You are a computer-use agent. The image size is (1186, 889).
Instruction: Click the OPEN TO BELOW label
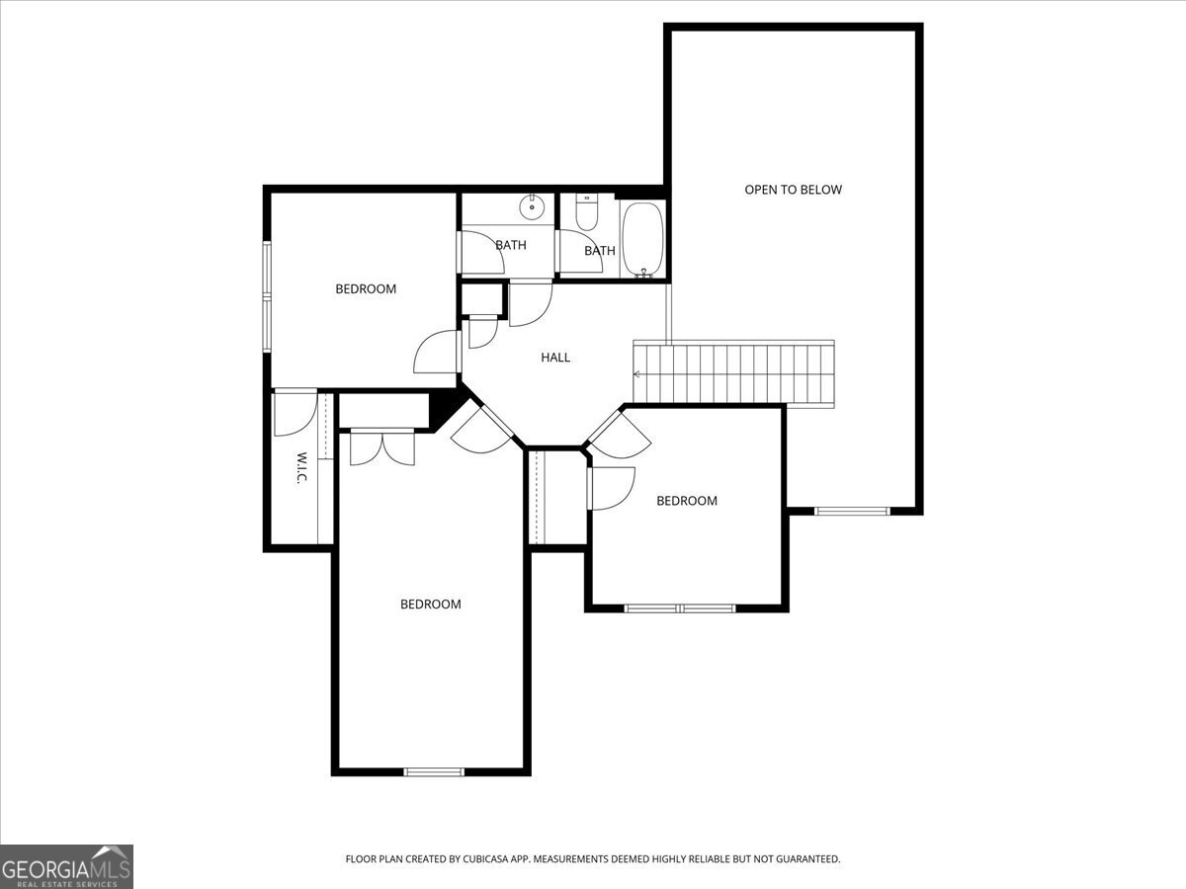793,190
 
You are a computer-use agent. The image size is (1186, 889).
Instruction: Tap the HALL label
555,358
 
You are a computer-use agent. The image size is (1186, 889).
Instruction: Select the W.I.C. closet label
301,467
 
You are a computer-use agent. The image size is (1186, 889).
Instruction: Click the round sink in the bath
532,206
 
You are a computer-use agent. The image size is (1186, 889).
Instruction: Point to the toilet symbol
586,212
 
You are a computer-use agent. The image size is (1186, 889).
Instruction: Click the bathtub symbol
642,240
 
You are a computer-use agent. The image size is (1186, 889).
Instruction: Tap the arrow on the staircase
637,374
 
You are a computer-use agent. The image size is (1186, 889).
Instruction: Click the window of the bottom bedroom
434,771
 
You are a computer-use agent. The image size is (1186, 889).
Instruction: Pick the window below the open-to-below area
852,511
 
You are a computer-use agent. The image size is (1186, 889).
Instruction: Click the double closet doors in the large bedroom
382,446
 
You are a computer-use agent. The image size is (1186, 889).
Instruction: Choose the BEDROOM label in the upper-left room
366,289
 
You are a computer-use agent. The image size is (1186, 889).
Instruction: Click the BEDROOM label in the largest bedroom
431,605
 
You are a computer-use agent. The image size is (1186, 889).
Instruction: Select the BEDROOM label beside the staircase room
687,501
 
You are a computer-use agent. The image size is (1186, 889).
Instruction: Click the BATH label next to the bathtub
600,251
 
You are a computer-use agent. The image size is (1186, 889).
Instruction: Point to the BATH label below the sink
511,246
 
